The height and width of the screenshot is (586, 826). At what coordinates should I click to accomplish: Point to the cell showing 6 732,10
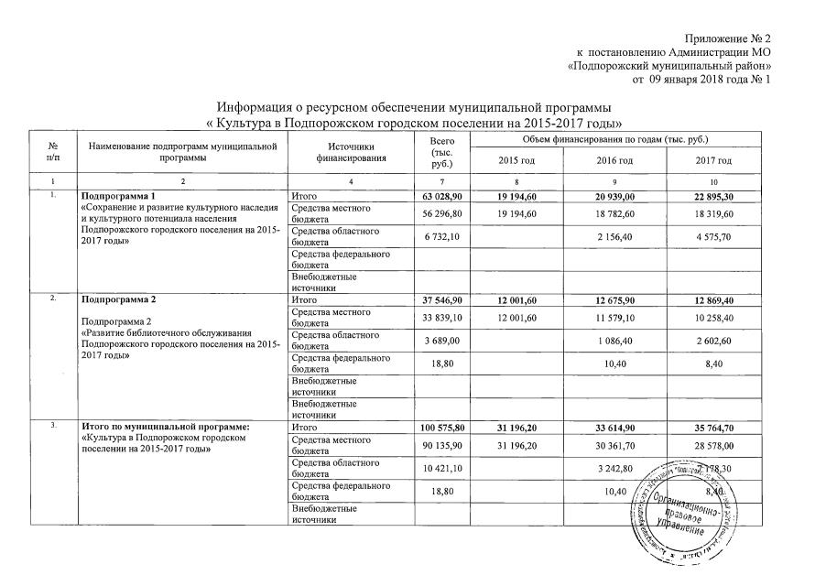pyautogui.click(x=442, y=237)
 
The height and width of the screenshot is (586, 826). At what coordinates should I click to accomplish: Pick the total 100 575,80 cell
pyautogui.click(x=442, y=428)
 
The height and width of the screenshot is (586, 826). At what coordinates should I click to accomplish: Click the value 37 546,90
pyautogui.click(x=442, y=299)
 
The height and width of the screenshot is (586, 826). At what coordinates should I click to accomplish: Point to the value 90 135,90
pyautogui.click(x=442, y=446)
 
